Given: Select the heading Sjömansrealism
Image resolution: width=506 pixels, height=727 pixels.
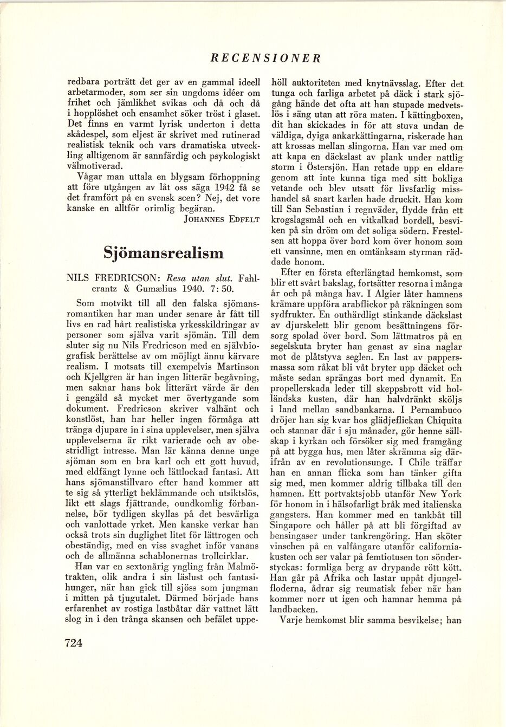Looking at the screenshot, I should (x=163, y=253).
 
